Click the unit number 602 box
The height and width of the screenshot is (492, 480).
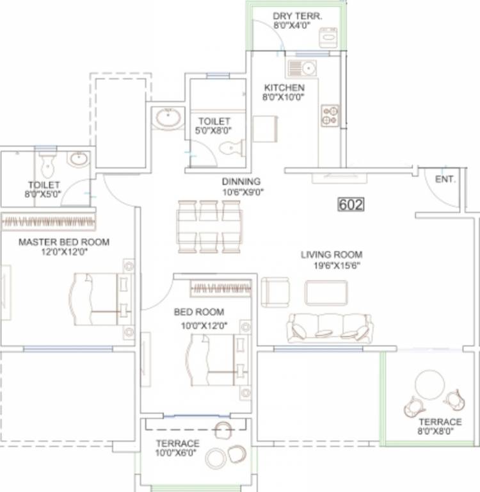(x=351, y=205)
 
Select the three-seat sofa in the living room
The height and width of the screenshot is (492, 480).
(x=330, y=327)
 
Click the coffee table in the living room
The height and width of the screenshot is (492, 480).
(x=326, y=293)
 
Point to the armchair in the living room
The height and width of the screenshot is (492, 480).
(x=276, y=292)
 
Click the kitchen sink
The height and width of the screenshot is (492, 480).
(x=301, y=68)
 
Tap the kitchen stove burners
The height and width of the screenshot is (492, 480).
(x=330, y=115)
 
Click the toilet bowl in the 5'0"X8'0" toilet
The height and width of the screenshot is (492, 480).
(x=231, y=149)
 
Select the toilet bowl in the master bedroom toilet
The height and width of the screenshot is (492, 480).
(x=47, y=167)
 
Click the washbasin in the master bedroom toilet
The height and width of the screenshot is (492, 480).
(x=78, y=160)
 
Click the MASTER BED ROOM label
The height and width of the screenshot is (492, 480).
(x=63, y=242)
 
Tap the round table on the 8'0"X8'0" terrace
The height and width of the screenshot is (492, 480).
(x=429, y=384)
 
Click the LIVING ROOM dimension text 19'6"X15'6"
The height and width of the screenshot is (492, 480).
(x=332, y=265)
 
